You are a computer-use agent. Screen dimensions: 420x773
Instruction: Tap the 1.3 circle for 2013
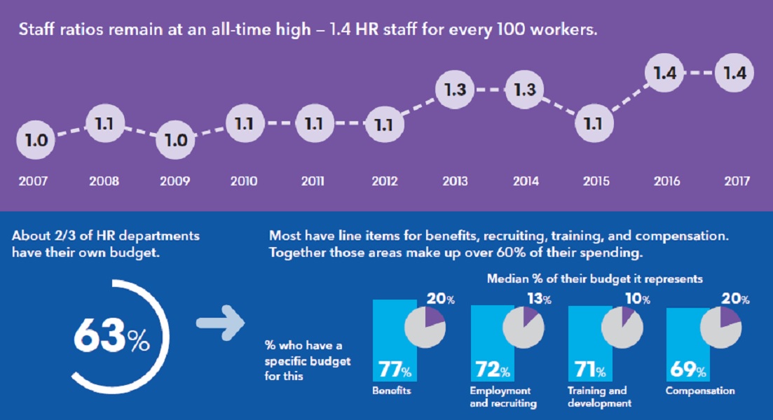tap(455, 90)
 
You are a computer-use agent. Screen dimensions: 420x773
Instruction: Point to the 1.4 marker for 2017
tap(734, 73)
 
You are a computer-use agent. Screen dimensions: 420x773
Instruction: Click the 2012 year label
tap(384, 182)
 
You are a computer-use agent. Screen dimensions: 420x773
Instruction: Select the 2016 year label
tap(666, 182)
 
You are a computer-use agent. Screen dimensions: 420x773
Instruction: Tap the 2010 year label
tap(243, 182)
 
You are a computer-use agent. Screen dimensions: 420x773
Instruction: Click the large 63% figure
tap(111, 338)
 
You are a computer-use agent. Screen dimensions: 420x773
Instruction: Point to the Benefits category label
tap(391, 391)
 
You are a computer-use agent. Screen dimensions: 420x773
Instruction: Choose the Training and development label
tap(598, 397)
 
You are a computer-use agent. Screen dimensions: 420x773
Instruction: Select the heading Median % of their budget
tap(595, 279)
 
